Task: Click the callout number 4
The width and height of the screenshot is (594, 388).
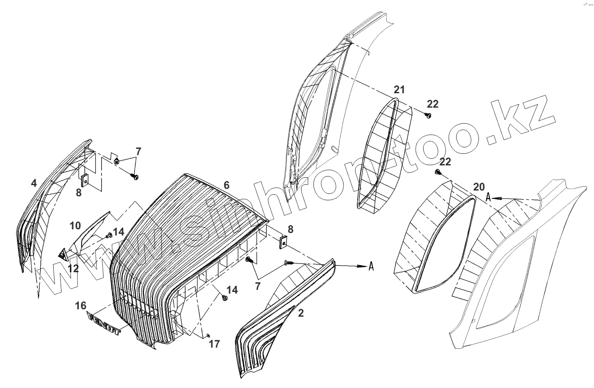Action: [33, 183]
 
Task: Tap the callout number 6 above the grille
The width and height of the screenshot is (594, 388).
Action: [226, 185]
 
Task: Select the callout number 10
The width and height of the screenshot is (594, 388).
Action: [75, 226]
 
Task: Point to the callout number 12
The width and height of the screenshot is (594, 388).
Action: [73, 268]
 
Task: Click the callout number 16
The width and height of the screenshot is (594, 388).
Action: [81, 305]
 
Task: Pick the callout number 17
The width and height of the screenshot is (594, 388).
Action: [214, 343]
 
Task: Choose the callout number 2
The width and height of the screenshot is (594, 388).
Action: [301, 313]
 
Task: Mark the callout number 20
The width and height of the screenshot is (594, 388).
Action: [478, 186]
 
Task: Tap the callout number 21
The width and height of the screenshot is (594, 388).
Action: [399, 89]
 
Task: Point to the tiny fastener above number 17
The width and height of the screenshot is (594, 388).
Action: [208, 335]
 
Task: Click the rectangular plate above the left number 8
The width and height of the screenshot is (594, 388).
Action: [85, 180]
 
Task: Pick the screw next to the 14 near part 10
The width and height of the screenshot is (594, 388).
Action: [109, 236]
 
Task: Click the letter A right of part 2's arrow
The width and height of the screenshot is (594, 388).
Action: [371, 266]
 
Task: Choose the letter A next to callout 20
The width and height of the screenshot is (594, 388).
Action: [488, 197]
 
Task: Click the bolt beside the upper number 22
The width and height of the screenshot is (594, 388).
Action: [428, 115]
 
